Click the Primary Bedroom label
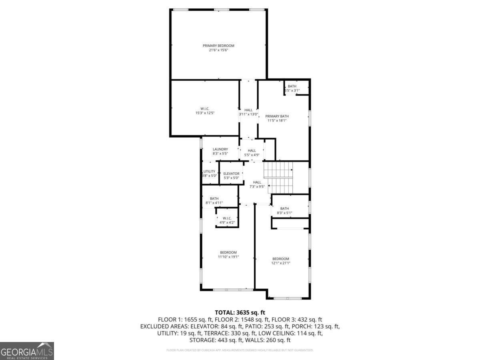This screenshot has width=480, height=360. point(218,46)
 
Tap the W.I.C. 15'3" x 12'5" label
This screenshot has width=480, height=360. point(205,110)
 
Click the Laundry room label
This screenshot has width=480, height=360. point(220,151)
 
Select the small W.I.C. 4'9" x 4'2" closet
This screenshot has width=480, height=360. point(227,220)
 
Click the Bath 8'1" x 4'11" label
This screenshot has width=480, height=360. point(214,200)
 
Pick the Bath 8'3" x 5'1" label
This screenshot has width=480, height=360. point(284,210)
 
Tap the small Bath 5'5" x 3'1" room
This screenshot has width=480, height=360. point(292,88)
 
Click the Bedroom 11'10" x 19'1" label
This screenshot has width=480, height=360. point(228,254)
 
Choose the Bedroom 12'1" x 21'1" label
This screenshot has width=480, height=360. point(281,261)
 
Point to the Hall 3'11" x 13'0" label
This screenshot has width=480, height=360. point(248,112)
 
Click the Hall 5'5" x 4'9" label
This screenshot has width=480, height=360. point(252,152)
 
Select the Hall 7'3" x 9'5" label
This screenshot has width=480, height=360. point(257,184)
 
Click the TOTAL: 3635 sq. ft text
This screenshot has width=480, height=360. point(240,312)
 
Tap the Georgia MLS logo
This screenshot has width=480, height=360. point(27,351)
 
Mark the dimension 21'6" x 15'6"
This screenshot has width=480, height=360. point(218,50)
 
